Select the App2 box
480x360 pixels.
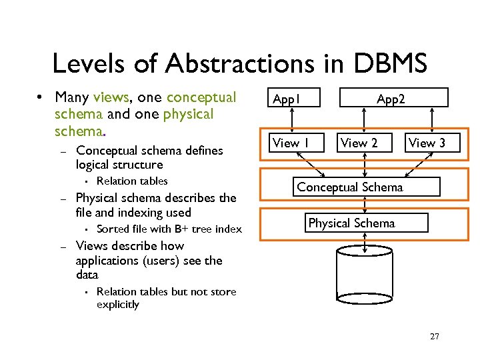tap(390, 100)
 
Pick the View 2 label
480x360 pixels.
tap(359, 143)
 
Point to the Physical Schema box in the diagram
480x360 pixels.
tap(351, 223)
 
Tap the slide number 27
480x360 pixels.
tap(435, 337)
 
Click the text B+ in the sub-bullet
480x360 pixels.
tap(180, 229)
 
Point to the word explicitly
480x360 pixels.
tap(118, 305)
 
